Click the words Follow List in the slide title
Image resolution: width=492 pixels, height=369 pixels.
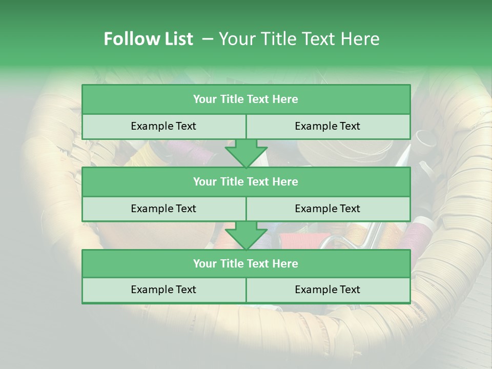(x=148, y=39)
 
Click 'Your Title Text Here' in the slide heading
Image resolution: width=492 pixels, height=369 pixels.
(x=299, y=39)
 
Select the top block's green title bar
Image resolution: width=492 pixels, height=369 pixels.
(x=245, y=99)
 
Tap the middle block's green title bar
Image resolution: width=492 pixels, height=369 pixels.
(x=245, y=181)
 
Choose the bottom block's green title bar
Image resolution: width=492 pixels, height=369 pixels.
(x=245, y=263)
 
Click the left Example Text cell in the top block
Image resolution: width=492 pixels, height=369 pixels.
(x=163, y=126)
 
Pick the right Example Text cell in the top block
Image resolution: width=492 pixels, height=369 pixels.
(x=327, y=126)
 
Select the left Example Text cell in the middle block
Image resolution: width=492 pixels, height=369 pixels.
(x=163, y=209)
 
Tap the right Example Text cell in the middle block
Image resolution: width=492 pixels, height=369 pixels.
(x=327, y=209)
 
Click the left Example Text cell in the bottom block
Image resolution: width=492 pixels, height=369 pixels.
(x=163, y=290)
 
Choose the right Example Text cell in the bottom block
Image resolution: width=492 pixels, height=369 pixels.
(x=327, y=290)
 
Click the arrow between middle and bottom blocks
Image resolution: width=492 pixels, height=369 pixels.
(x=246, y=236)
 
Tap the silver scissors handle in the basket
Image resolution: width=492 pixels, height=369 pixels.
(x=336, y=241)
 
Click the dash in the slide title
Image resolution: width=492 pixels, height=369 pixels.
(x=208, y=39)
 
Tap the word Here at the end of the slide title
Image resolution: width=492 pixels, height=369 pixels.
(x=362, y=39)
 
